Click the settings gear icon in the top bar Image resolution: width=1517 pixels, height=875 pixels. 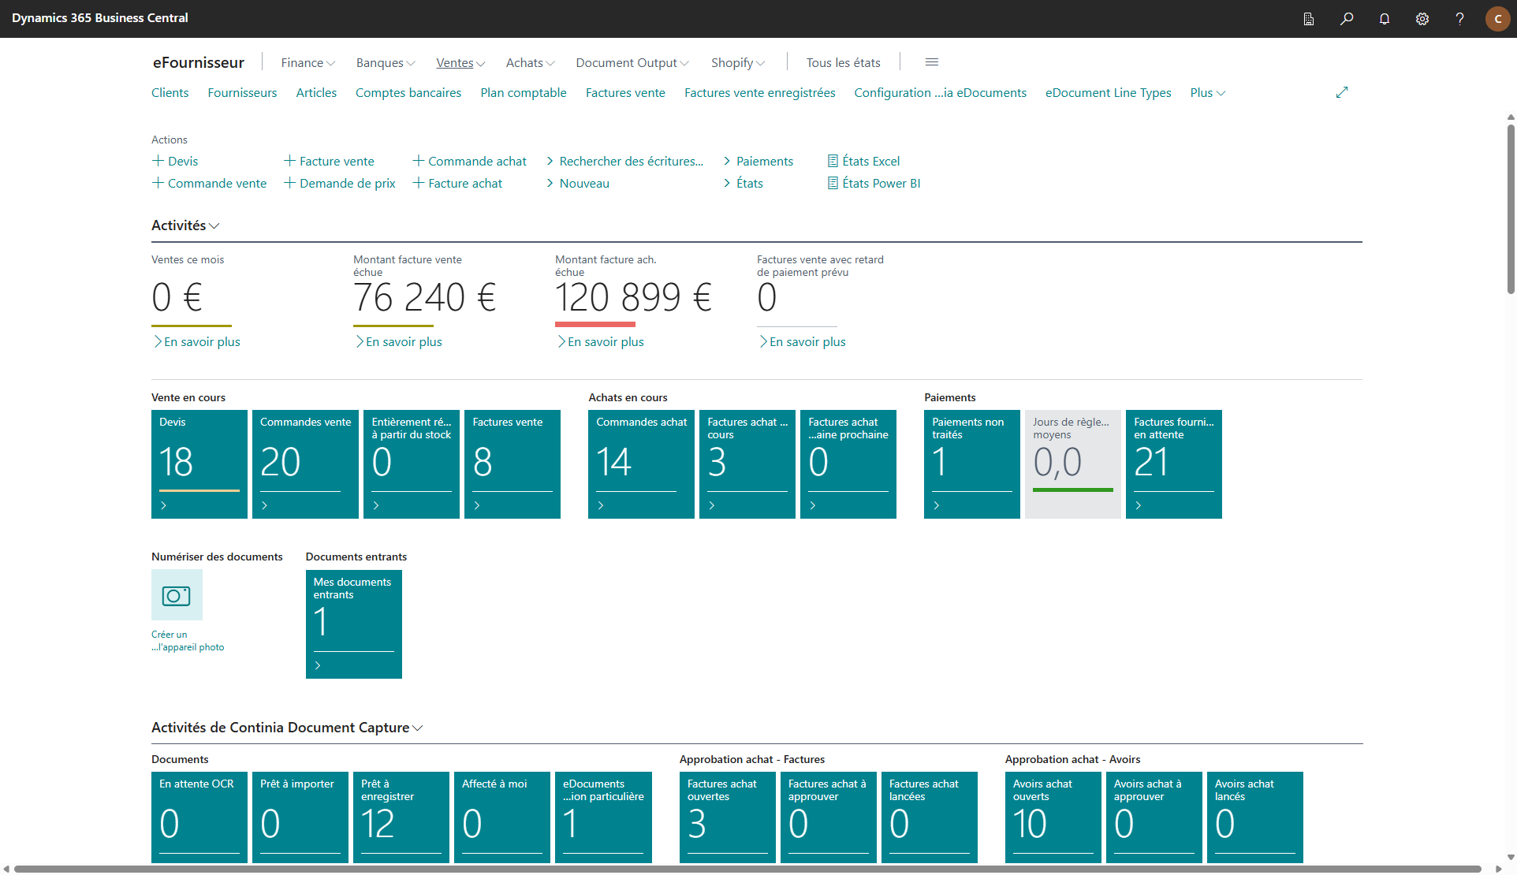tap(1422, 19)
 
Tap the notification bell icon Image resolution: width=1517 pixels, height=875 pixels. tap(1384, 19)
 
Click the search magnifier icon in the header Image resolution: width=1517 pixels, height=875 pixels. tap(1346, 19)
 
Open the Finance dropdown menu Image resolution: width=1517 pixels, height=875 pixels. tap(307, 62)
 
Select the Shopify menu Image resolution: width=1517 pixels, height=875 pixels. tap(738, 62)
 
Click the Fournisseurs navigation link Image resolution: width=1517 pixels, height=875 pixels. tap(242, 93)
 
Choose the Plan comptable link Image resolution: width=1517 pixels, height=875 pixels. tap(524, 93)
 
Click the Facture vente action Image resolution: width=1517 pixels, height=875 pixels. tap(330, 161)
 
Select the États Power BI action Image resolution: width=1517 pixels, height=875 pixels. tap(874, 183)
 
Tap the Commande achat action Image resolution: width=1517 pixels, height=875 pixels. tap(470, 161)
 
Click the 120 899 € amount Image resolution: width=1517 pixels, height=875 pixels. tap(633, 298)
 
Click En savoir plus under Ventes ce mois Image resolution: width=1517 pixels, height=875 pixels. tap(197, 341)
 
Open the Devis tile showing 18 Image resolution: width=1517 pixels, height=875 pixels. tap(199, 464)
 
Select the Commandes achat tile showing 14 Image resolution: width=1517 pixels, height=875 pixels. tap(641, 464)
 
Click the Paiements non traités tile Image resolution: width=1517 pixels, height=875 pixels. tap(972, 464)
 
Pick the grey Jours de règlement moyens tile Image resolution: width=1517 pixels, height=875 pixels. tap(1073, 464)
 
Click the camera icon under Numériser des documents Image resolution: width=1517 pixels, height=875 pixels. tap(177, 595)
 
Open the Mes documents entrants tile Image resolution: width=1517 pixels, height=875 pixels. tap(354, 624)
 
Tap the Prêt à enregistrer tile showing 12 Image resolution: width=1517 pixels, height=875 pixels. tap(401, 817)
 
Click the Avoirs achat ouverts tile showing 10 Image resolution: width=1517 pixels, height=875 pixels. tap(1053, 817)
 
